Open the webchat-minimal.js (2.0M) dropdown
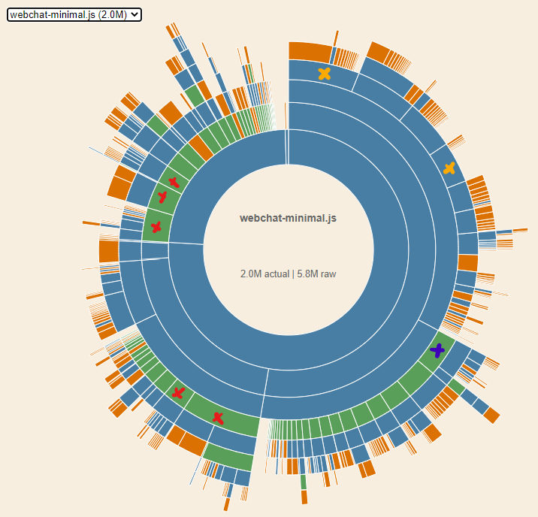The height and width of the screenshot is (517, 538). (x=74, y=14)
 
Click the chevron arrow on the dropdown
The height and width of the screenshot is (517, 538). (x=134, y=14)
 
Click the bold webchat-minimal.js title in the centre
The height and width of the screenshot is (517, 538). (x=288, y=219)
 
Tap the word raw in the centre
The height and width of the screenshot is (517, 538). (x=328, y=274)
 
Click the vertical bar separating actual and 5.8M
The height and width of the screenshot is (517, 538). (x=293, y=274)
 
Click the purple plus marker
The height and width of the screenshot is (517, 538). (x=437, y=350)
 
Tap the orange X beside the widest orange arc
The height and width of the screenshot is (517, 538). (x=325, y=74)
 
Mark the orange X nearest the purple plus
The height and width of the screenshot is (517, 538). (x=449, y=168)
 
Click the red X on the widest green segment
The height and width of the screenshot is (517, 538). (x=218, y=418)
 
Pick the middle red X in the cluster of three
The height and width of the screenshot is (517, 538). (x=162, y=198)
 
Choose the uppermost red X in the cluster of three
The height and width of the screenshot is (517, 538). (x=174, y=181)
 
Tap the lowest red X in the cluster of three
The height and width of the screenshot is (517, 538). (x=156, y=227)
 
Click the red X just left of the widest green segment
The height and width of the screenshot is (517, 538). (x=178, y=392)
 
